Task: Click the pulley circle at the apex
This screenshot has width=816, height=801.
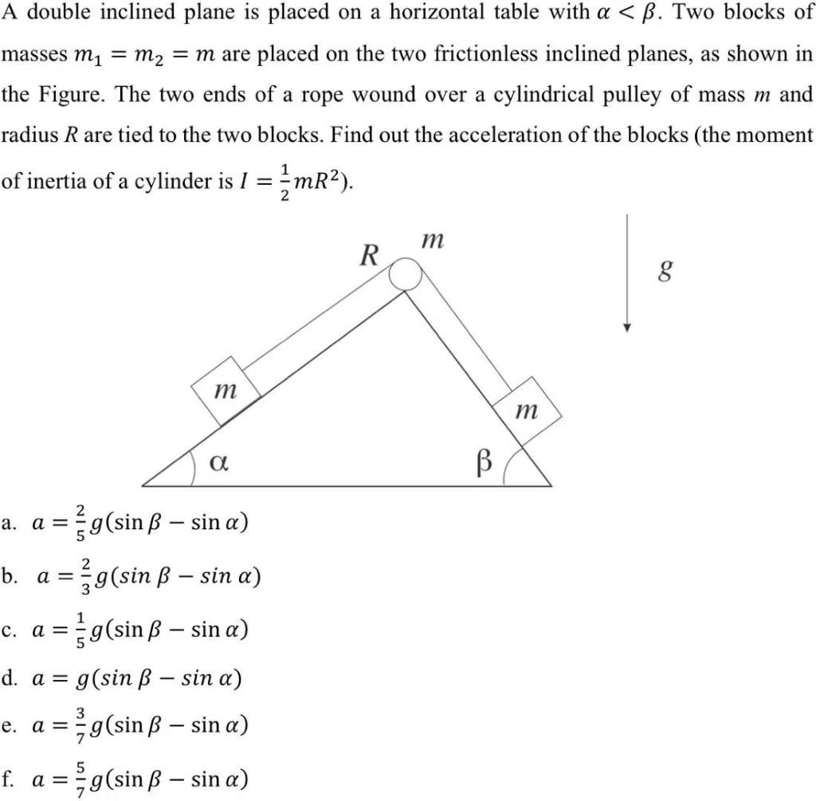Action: coord(405,275)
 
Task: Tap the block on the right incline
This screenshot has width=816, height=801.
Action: coord(527,410)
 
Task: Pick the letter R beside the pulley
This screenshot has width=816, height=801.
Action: coord(368,257)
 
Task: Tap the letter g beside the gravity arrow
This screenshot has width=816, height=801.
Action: coord(661,273)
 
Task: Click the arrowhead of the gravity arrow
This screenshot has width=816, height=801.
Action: coord(628,325)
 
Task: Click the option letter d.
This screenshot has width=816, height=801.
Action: coord(10,679)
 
